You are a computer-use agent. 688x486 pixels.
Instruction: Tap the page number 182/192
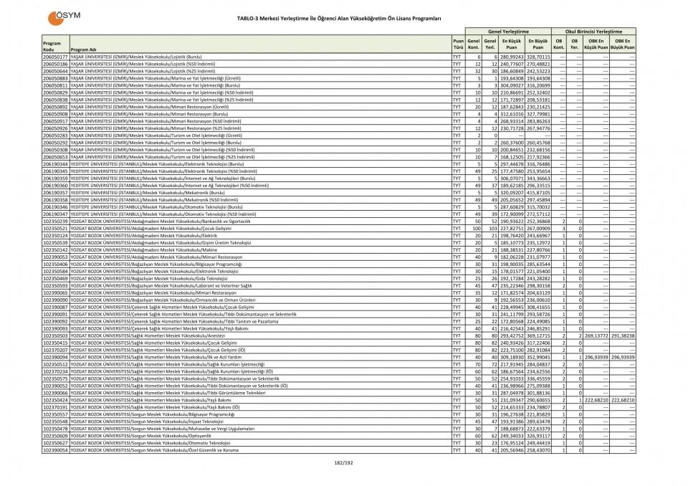(344, 463)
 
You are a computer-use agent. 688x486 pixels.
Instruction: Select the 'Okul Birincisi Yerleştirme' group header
(593, 32)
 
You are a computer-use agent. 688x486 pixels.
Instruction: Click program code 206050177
(55, 56)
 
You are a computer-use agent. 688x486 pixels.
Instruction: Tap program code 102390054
(55, 449)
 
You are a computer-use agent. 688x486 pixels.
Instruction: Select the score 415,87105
(538, 194)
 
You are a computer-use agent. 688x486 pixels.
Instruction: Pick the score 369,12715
(538, 335)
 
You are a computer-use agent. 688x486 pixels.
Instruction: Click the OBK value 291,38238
(623, 335)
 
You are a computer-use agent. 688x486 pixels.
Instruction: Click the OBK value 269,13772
(596, 335)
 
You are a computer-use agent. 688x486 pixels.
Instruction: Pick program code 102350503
(55, 335)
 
